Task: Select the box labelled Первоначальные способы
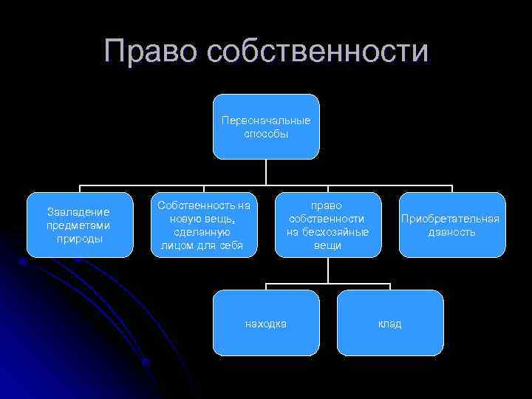point(266,126)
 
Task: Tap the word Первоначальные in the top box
point(266,120)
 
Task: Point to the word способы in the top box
point(266,134)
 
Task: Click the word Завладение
point(78,212)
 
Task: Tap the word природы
point(78,238)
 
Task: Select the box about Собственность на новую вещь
point(204,225)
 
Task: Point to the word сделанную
point(204,231)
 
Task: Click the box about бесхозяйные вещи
point(328,225)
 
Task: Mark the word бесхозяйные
point(328,231)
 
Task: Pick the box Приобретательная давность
point(452,225)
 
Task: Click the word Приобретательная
point(450,219)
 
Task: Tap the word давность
point(451,232)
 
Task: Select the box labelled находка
point(266,323)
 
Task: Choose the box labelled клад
point(390,323)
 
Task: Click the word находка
point(266,324)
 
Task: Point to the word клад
point(390,324)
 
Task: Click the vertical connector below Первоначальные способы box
point(266,172)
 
